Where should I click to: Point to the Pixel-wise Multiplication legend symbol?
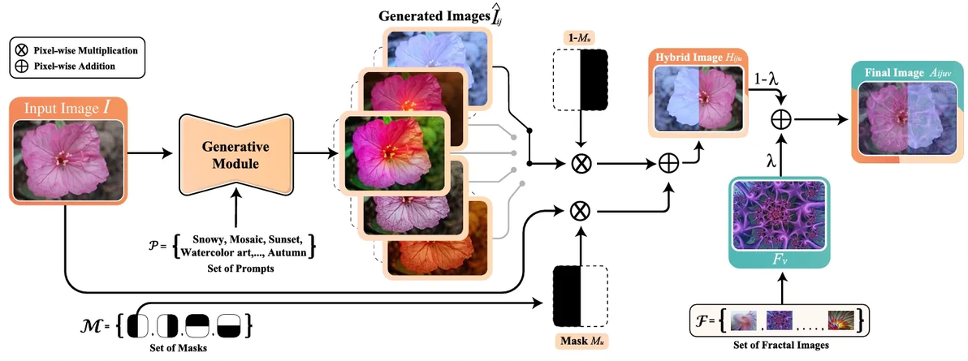(x=21, y=50)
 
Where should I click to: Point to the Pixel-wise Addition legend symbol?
(x=21, y=66)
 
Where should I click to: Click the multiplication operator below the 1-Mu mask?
(x=580, y=164)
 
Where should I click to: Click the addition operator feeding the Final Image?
(x=781, y=118)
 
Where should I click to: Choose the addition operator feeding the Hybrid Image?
(x=669, y=164)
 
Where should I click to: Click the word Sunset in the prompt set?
(x=283, y=239)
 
